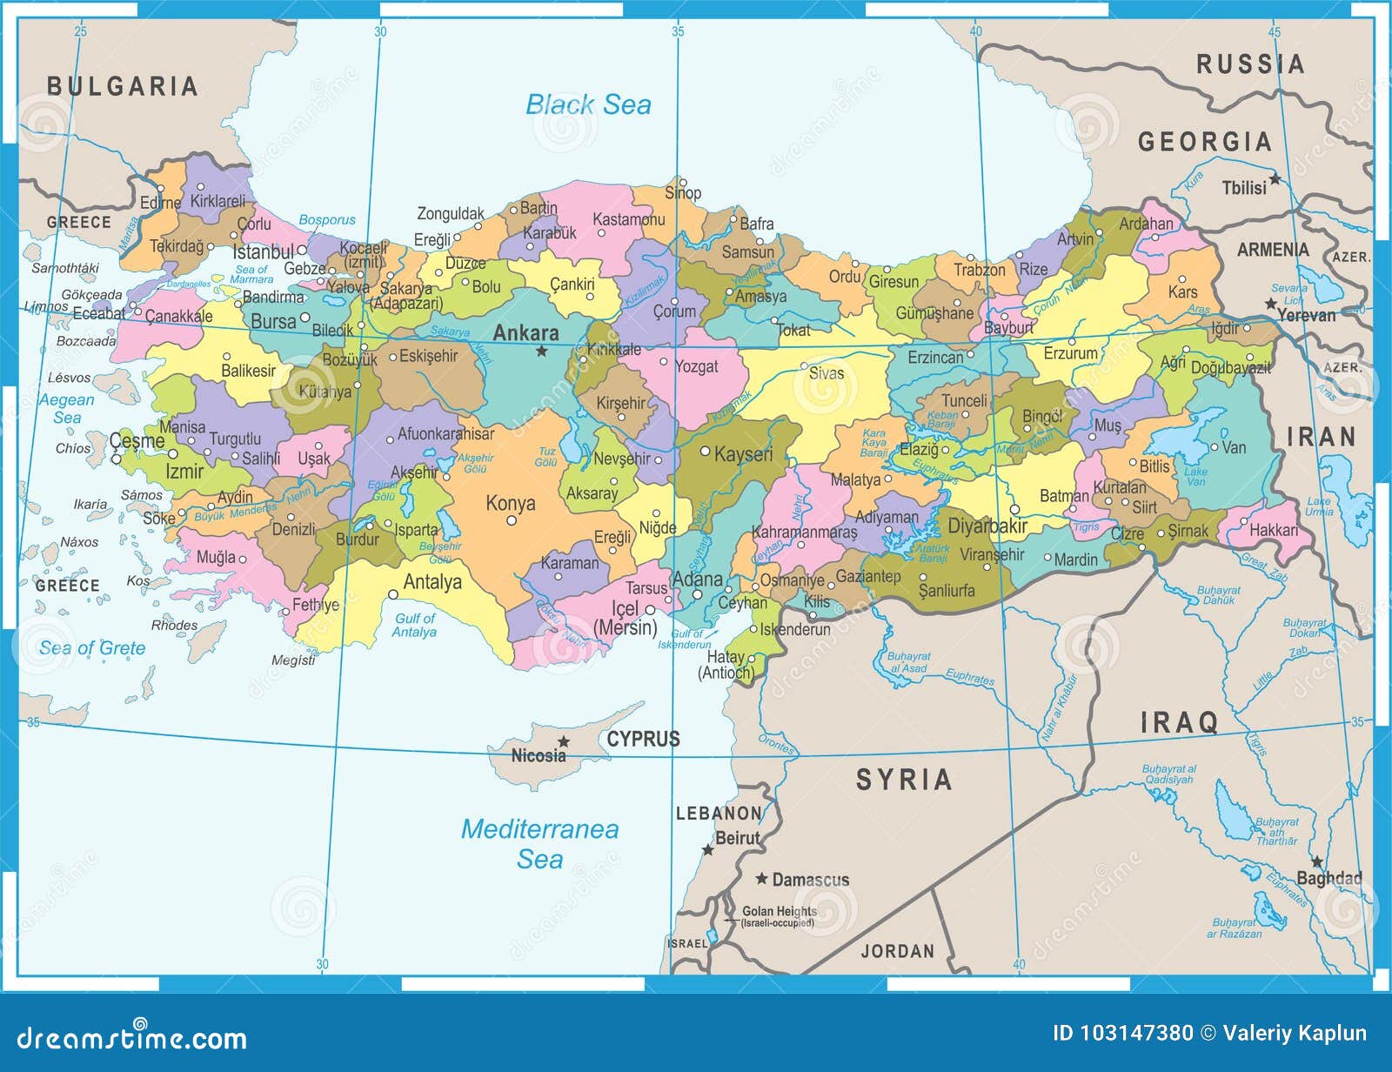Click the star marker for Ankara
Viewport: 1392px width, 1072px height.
pyautogui.click(x=541, y=351)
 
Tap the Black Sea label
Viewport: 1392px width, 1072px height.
pyautogui.click(x=588, y=105)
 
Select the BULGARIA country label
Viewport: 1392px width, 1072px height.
pyautogui.click(x=123, y=86)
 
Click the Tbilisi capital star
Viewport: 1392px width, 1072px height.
pyautogui.click(x=1275, y=179)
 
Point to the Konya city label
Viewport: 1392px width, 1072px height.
pyautogui.click(x=510, y=503)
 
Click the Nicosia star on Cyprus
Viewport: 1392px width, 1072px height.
pyautogui.click(x=564, y=741)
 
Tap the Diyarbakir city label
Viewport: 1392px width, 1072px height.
pyautogui.click(x=987, y=526)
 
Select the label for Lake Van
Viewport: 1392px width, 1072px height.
pyautogui.click(x=1195, y=476)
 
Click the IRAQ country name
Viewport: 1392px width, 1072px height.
pyautogui.click(x=1179, y=721)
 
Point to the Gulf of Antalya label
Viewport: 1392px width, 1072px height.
pyautogui.click(x=414, y=625)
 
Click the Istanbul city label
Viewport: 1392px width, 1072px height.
pyautogui.click(x=264, y=252)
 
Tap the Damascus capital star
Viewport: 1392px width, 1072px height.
pyautogui.click(x=762, y=879)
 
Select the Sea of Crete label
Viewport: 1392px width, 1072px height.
pyautogui.click(x=92, y=648)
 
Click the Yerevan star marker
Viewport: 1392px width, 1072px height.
pyautogui.click(x=1271, y=304)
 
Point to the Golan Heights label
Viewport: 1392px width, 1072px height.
pyautogui.click(x=779, y=911)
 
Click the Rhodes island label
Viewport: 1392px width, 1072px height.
pyautogui.click(x=174, y=625)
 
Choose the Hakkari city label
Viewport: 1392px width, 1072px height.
pyautogui.click(x=1273, y=530)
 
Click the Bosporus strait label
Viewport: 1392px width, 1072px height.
pyautogui.click(x=327, y=220)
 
